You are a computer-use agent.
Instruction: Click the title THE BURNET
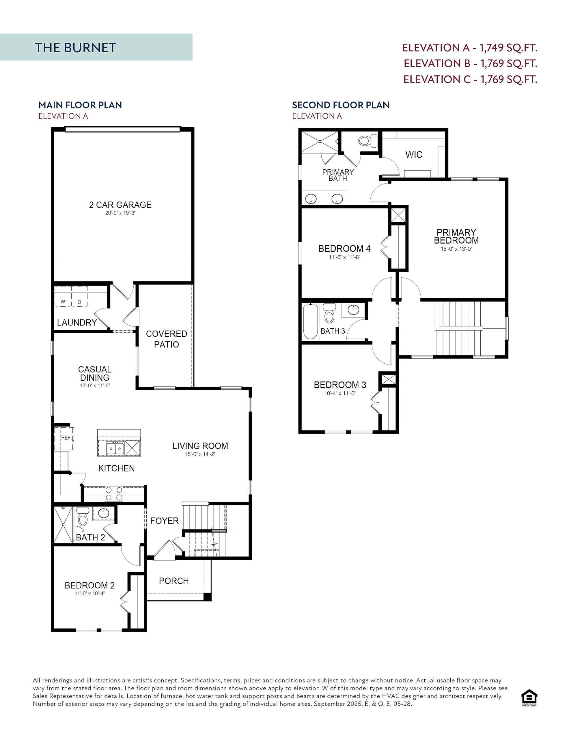(75, 48)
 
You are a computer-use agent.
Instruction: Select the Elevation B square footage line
(470, 63)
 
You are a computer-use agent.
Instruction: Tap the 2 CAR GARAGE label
(120, 205)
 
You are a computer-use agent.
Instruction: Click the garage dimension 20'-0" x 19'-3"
(120, 213)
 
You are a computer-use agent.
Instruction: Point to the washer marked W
(63, 301)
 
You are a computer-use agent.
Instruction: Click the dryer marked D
(80, 301)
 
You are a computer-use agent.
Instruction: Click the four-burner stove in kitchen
(114, 493)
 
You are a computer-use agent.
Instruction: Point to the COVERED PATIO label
(166, 339)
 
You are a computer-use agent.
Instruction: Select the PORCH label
(173, 581)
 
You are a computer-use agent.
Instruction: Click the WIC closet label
(414, 155)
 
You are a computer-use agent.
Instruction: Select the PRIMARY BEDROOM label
(456, 236)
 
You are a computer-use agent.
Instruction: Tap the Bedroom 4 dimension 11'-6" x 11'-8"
(344, 257)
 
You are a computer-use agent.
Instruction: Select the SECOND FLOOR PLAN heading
(341, 105)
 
